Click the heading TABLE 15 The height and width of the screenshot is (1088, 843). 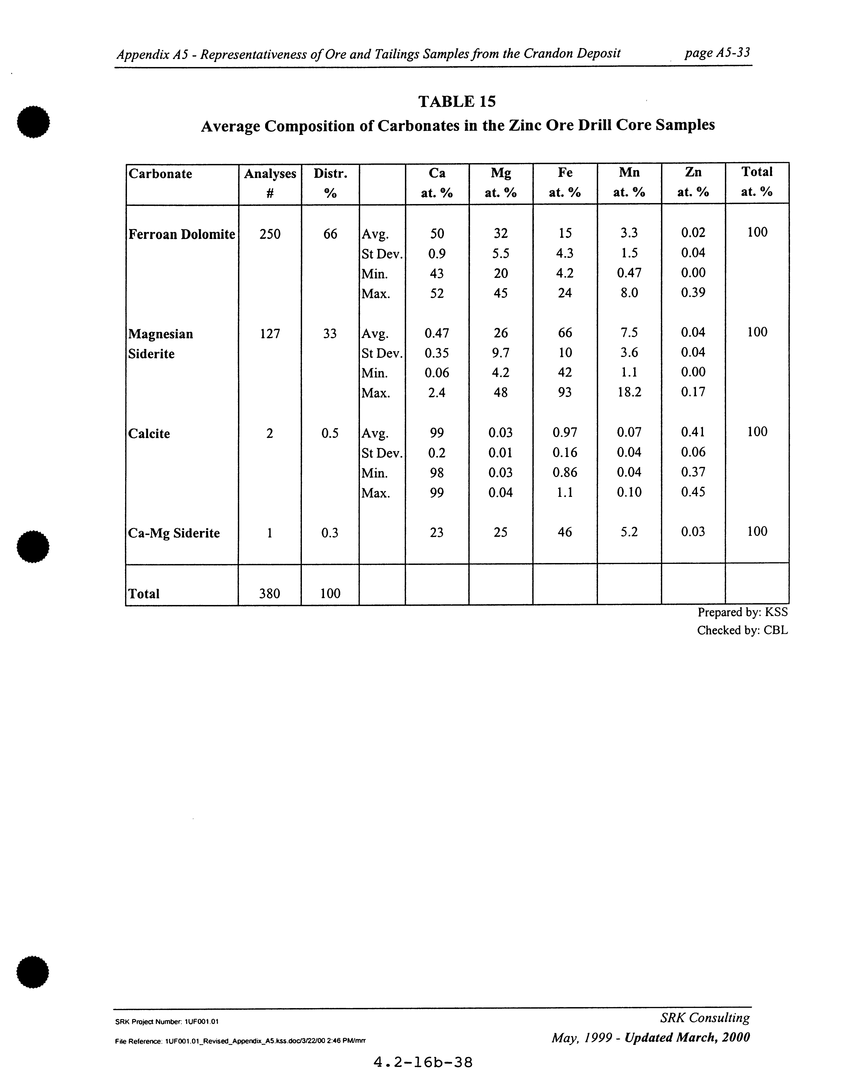[457, 102]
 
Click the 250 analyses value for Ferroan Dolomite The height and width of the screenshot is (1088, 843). [270, 234]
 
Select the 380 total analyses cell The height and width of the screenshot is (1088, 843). [270, 593]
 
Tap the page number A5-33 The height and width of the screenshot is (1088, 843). [717, 53]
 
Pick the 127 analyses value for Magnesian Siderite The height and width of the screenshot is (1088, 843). [270, 333]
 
